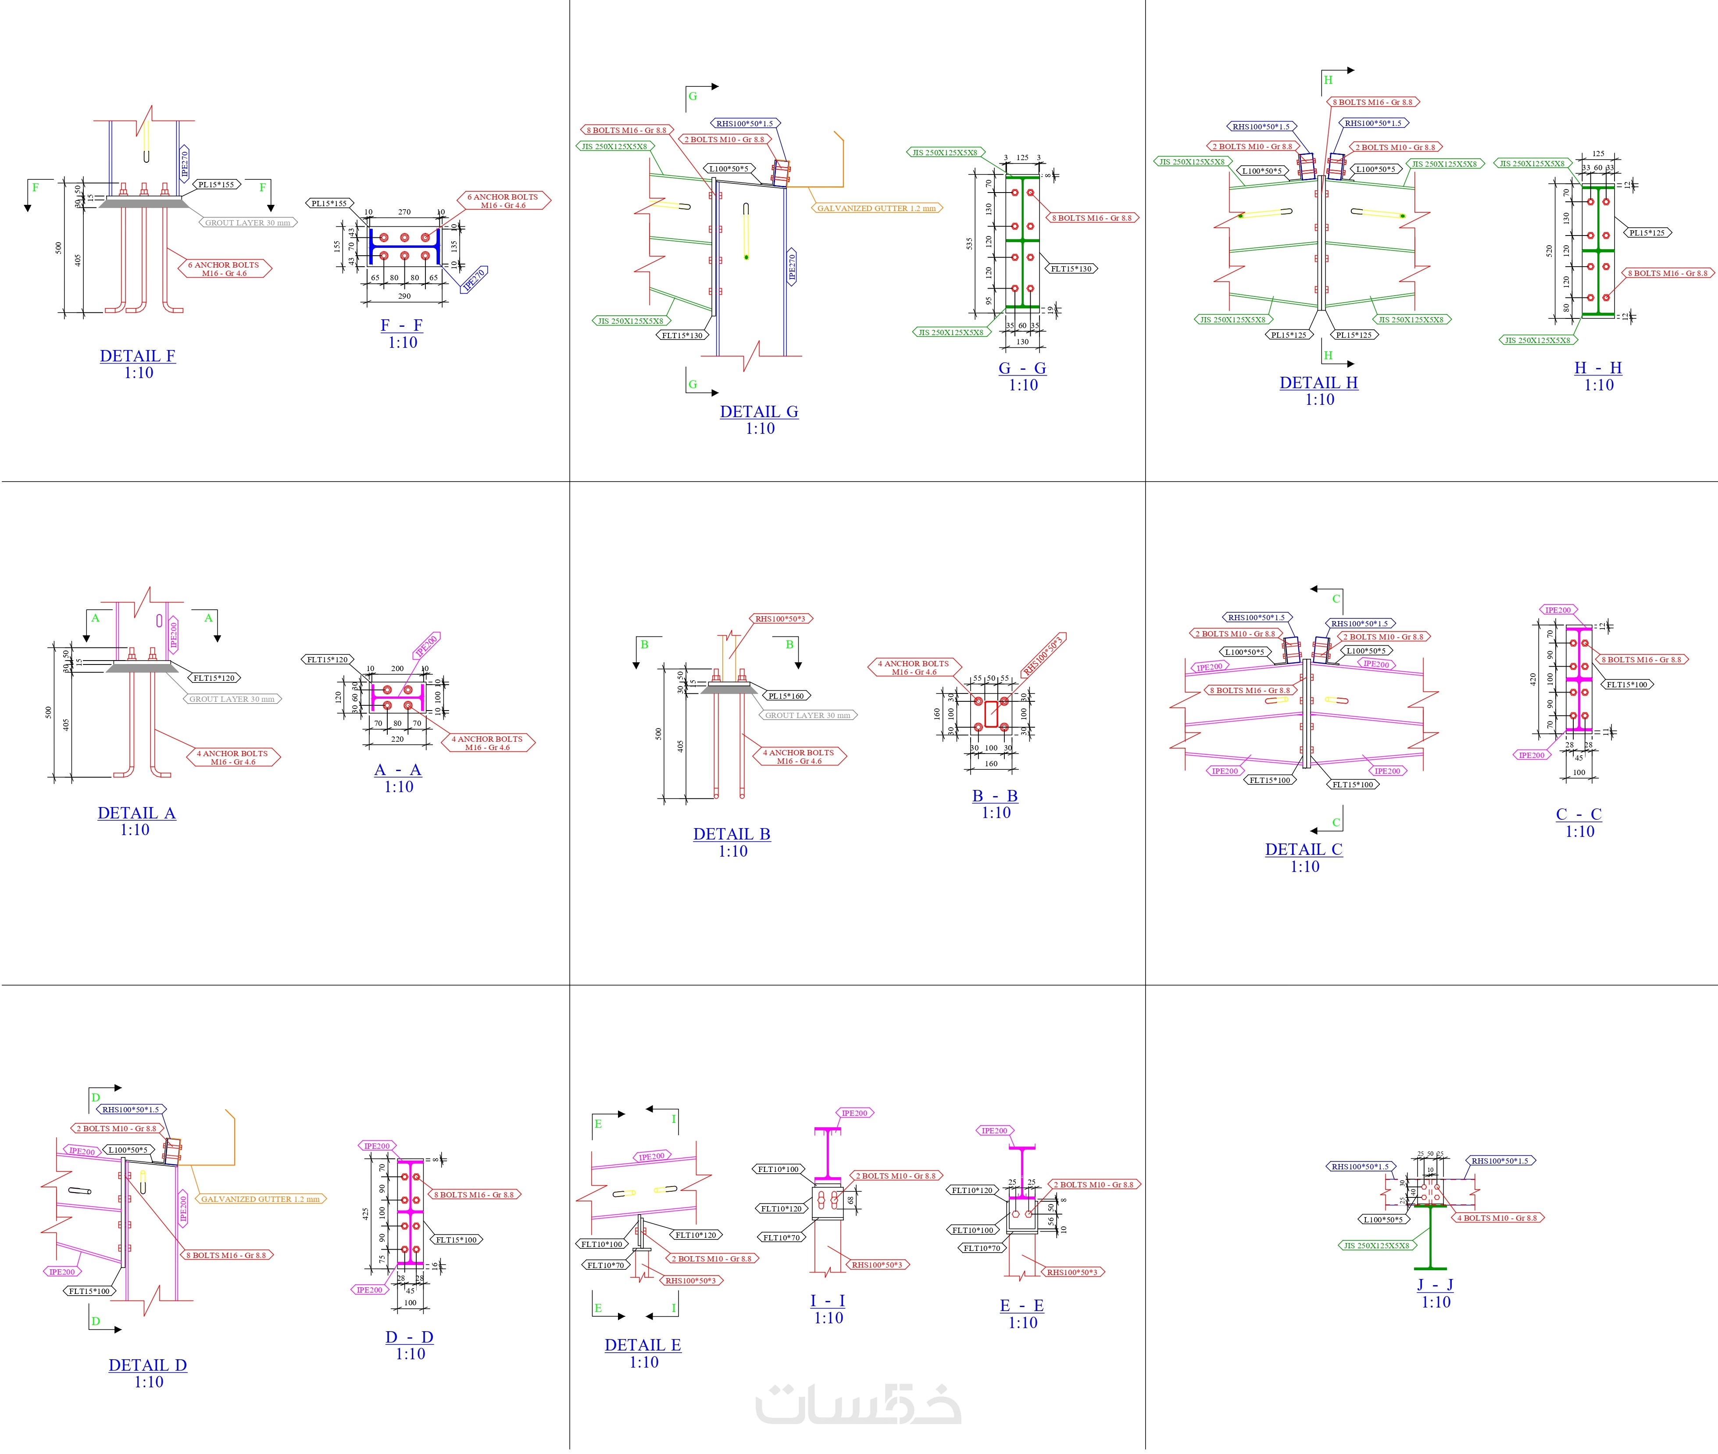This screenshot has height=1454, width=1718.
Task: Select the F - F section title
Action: pyautogui.click(x=401, y=325)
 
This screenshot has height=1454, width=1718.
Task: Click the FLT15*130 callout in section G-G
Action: pyautogui.click(x=1071, y=269)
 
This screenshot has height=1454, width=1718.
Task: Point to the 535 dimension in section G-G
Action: pyautogui.click(x=969, y=243)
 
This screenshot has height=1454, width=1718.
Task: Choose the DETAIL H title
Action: pyautogui.click(x=1318, y=382)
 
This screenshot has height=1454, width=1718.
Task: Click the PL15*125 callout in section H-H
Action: pyautogui.click(x=1646, y=232)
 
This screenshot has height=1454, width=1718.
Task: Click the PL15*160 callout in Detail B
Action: pyautogui.click(x=786, y=696)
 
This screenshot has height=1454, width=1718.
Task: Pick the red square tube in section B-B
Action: pyautogui.click(x=991, y=714)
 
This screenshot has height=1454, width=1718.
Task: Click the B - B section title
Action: pyautogui.click(x=994, y=796)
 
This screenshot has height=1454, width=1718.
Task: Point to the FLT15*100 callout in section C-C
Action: pyautogui.click(x=1626, y=684)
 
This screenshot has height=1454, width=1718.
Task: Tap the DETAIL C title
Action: pyautogui.click(x=1304, y=849)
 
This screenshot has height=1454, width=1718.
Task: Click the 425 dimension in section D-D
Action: pyautogui.click(x=365, y=1213)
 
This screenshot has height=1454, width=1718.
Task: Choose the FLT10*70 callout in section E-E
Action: pyautogui.click(x=982, y=1248)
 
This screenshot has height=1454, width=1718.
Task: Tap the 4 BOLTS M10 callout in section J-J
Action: pyautogui.click(x=1500, y=1218)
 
